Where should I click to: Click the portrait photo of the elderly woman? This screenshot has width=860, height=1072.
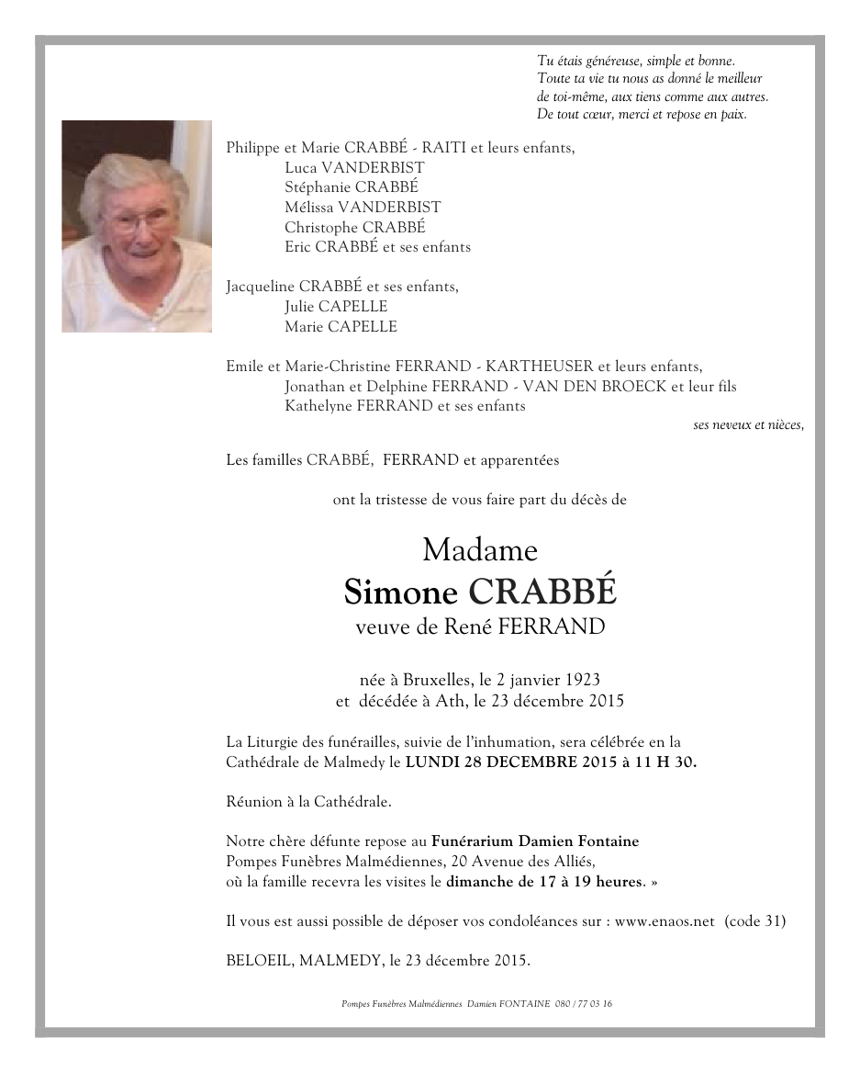[x=137, y=226]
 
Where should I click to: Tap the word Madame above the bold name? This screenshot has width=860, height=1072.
[x=479, y=550]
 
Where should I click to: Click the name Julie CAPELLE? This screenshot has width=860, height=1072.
[x=336, y=307]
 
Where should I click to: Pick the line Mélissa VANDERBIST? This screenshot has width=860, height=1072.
[x=363, y=208]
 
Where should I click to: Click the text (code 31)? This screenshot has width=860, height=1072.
[x=754, y=921]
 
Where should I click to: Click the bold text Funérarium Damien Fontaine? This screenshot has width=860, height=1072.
[x=535, y=841]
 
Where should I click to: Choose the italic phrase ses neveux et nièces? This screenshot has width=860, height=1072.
[x=749, y=425]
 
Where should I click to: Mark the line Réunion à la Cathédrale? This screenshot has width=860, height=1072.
[x=308, y=802]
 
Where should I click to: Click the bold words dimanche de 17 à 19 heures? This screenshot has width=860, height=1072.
[x=543, y=882]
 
